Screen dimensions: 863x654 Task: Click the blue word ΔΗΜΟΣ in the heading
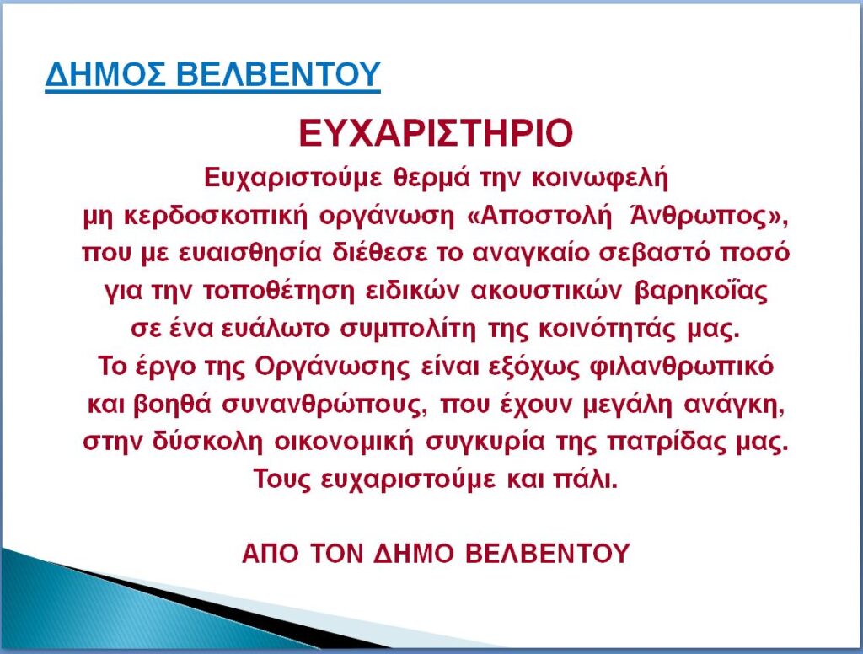click(105, 74)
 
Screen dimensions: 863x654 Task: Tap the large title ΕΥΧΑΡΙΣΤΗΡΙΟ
click(436, 133)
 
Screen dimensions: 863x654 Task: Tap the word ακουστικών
click(546, 291)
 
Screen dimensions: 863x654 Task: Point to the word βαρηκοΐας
click(701, 292)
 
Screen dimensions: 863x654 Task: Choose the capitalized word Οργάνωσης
click(332, 367)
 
